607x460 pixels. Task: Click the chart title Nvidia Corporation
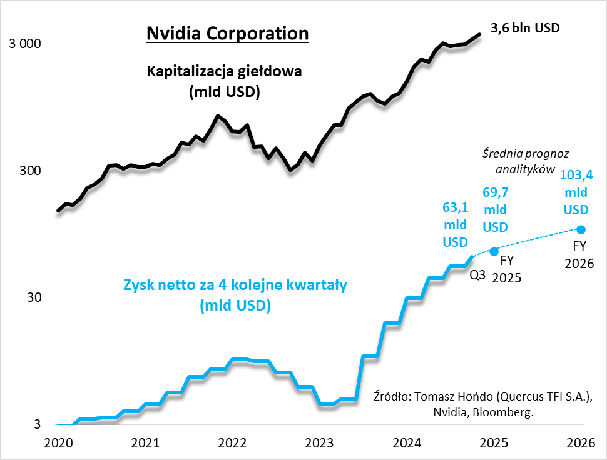point(227,33)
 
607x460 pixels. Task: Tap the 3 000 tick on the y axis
point(24,44)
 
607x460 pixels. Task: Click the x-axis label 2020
point(58,443)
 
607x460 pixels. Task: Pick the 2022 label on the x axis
point(232,443)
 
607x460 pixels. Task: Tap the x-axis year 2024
point(407,443)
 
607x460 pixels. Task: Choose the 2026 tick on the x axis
point(581,443)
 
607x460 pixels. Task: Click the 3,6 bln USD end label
point(525,28)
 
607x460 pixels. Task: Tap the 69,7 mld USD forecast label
point(495,209)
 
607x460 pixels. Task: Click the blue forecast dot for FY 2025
point(494,251)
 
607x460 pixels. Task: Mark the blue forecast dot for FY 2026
point(581,229)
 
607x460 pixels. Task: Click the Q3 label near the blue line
point(478,273)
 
